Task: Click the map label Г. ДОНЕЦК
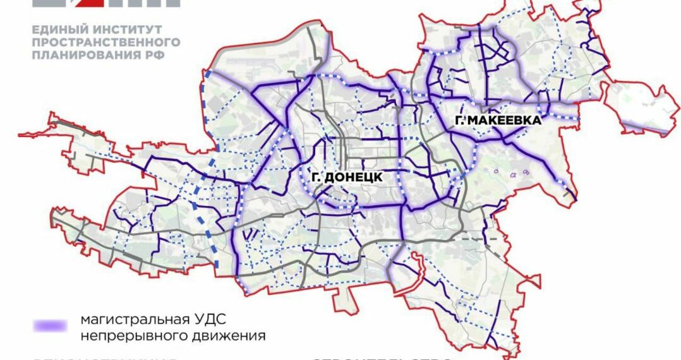coord(346,177)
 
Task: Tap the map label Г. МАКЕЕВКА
coord(497,121)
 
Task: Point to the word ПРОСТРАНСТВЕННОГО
coord(105,42)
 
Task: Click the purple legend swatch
coord(49,326)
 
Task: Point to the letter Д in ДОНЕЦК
coord(329,177)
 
